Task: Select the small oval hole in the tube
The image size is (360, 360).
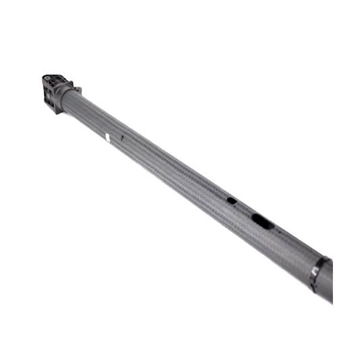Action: (x=231, y=201)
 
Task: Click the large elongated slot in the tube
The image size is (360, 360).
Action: (x=261, y=219)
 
